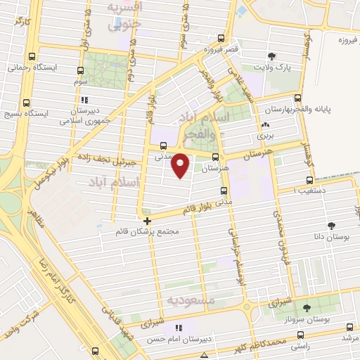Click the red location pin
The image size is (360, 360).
(181, 165)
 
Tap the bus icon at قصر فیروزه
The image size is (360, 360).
(221, 39)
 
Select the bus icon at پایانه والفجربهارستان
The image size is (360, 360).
(298, 98)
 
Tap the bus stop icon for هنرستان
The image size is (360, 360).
(214, 158)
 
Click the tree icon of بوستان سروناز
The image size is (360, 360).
(306, 307)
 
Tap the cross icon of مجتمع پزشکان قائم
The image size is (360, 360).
(146, 221)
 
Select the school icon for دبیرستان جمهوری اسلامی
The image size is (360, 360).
(86, 100)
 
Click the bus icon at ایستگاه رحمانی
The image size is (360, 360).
(32, 57)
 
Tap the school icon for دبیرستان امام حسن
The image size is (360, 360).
(178, 327)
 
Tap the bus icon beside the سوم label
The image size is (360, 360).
(81, 70)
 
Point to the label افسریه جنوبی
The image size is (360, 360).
(124, 14)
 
